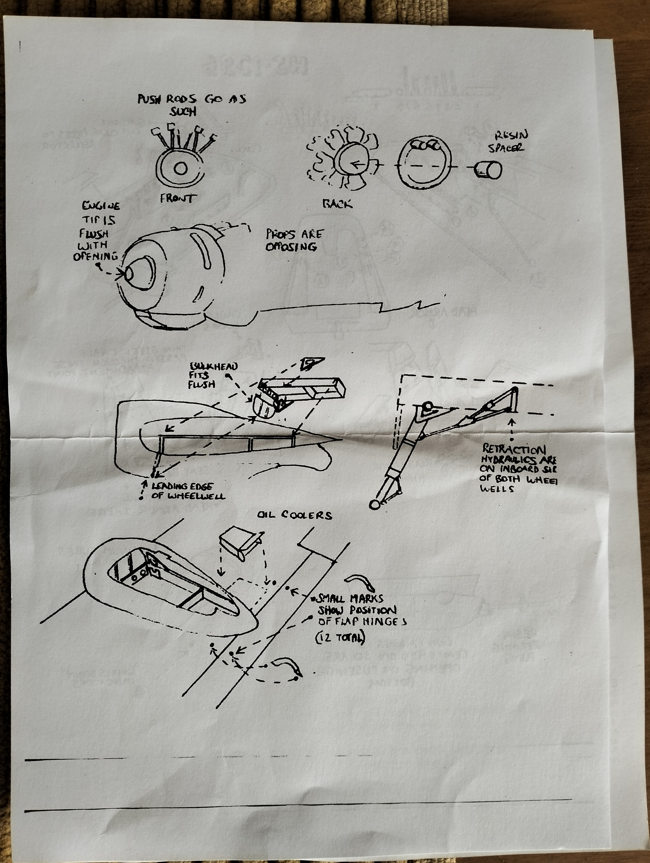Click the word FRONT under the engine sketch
click(x=176, y=199)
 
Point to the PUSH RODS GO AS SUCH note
click(x=191, y=105)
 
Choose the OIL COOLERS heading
click(x=295, y=515)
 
